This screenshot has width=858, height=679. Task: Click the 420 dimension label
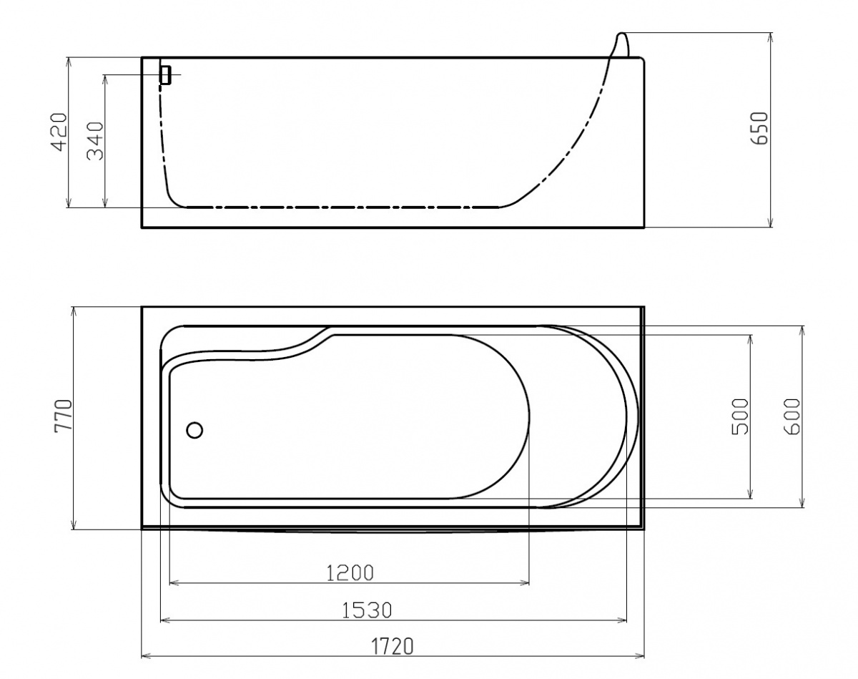pos(59,132)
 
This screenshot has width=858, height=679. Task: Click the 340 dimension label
pos(95,141)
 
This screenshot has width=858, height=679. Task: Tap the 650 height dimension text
pos(759,128)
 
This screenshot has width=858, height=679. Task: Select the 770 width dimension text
pos(64,415)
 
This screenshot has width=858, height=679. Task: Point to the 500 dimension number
pos(741,416)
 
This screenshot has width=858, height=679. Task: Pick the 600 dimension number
pos(792,416)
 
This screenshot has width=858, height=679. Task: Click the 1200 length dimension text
pos(350,573)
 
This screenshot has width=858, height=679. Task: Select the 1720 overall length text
pos(393,646)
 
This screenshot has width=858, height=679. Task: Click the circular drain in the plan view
pos(194,430)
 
